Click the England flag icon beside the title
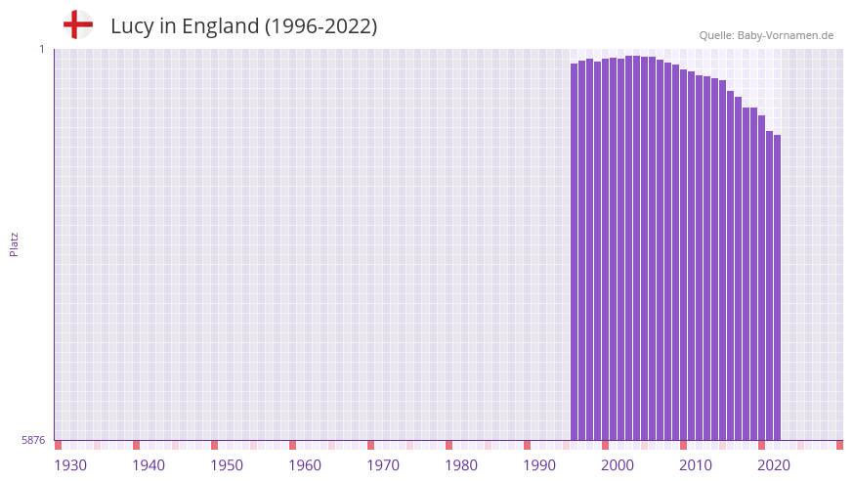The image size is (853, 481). click(x=78, y=25)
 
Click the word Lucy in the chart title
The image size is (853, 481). click(x=129, y=26)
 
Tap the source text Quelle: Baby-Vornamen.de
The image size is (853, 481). click(x=766, y=35)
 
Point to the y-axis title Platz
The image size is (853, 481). click(x=14, y=243)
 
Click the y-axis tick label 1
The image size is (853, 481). click(x=41, y=49)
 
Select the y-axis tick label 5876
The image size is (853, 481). click(x=33, y=441)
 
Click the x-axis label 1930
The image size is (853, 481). click(x=70, y=465)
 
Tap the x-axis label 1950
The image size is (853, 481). click(x=227, y=465)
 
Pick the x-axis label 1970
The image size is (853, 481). click(x=383, y=465)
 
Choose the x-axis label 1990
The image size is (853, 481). click(x=539, y=465)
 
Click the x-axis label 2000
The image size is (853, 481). click(x=618, y=465)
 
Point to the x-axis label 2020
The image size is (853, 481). click(x=774, y=465)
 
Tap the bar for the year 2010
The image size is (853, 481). click(x=684, y=254)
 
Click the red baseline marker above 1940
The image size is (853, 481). click(x=137, y=445)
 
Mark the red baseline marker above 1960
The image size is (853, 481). click(x=293, y=445)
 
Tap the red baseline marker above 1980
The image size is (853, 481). click(x=449, y=445)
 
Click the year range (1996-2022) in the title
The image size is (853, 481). click(x=320, y=26)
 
